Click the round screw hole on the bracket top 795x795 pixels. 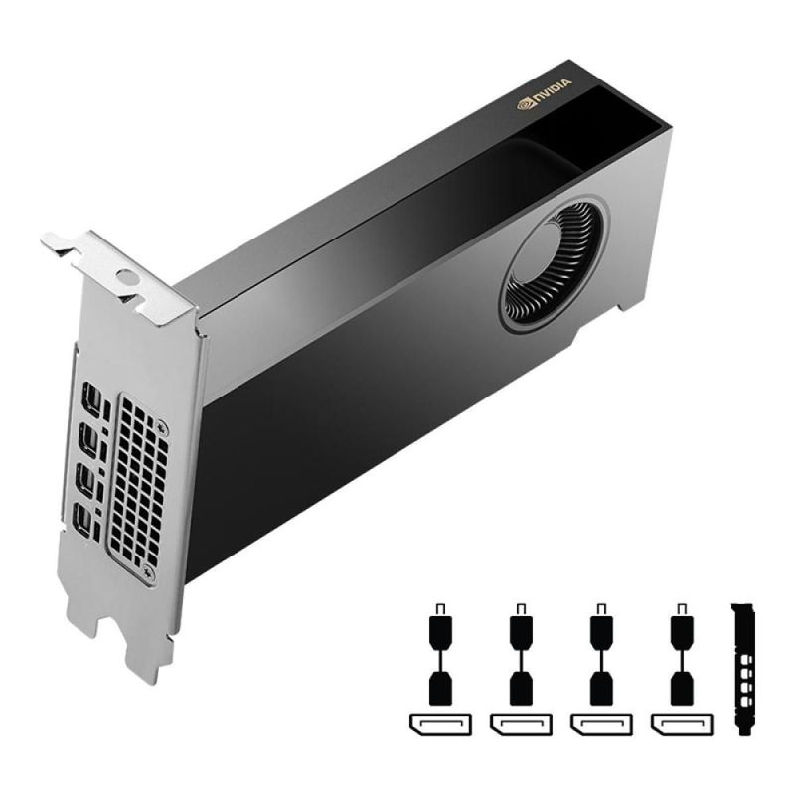click(125, 277)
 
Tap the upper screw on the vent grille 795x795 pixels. click(162, 427)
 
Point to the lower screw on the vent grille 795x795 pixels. click(149, 572)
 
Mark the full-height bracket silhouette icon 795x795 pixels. click(742, 668)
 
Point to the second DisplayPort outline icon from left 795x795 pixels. click(519, 723)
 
